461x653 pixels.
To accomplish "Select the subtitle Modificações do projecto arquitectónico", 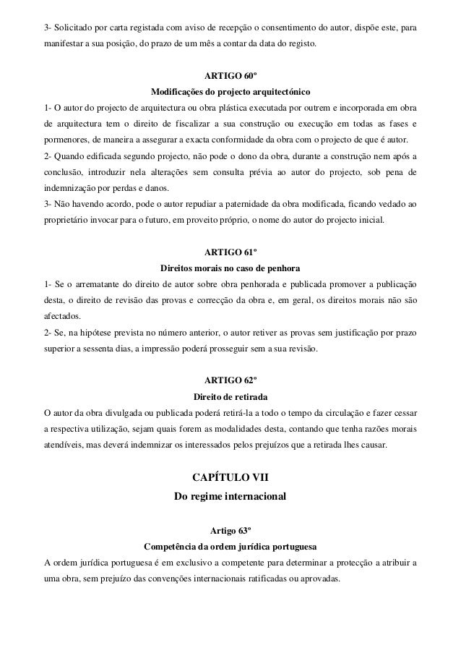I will (x=230, y=93).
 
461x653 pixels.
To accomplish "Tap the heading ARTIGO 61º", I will (x=230, y=252).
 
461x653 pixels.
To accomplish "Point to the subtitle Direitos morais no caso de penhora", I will (x=230, y=268).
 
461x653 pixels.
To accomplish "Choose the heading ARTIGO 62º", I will (x=230, y=380).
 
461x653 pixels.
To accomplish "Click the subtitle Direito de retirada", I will (x=230, y=396).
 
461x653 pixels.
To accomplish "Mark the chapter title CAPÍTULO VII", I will (x=230, y=477).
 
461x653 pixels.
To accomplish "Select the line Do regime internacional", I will (x=230, y=498).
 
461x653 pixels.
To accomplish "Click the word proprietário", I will (x=70, y=220).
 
